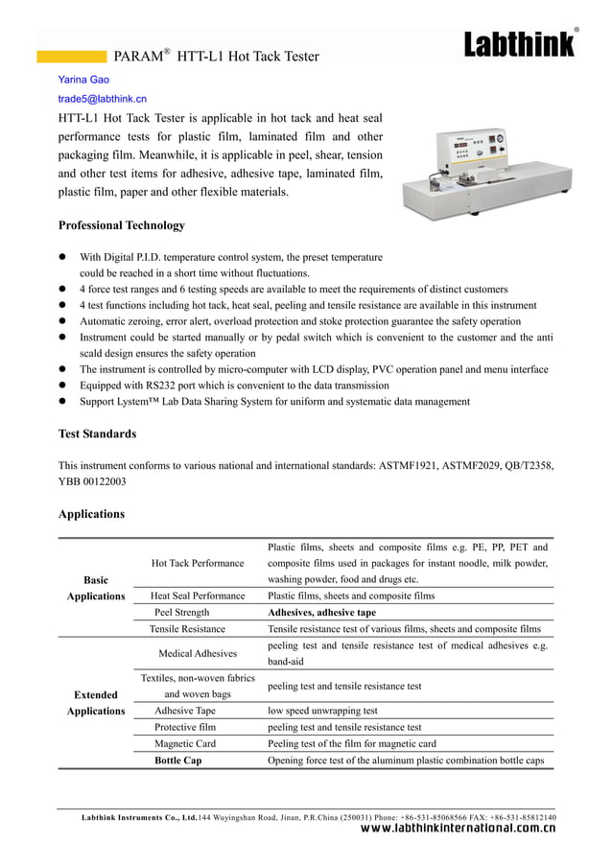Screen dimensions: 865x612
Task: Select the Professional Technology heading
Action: click(122, 225)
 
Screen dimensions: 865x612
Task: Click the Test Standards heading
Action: click(97, 433)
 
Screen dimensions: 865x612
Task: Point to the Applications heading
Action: click(91, 514)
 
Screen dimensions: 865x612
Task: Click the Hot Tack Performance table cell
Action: click(198, 563)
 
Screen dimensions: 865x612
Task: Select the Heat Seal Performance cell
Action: click(198, 596)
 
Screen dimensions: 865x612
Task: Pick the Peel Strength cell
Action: click(182, 612)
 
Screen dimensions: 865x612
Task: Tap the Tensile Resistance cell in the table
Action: click(187, 628)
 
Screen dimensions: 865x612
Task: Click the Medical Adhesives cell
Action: click(198, 653)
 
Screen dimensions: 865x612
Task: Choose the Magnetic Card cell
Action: click(185, 743)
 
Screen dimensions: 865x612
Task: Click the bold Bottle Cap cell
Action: click(178, 760)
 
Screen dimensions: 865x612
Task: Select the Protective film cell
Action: click(185, 727)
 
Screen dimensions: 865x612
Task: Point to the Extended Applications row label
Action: click(96, 703)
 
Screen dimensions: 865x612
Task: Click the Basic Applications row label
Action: click(96, 588)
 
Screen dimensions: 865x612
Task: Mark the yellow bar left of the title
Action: click(72, 57)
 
